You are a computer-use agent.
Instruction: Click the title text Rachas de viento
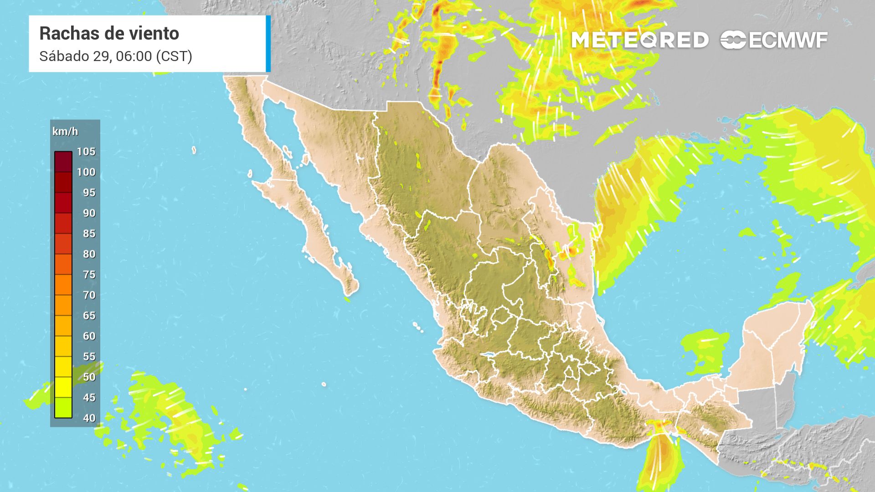(109, 33)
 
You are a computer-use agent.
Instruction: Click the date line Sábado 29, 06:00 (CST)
(115, 56)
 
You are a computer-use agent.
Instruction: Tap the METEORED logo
(640, 40)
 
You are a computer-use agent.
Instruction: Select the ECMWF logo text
(788, 40)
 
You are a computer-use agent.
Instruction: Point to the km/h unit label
(65, 132)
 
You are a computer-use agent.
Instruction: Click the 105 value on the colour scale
(86, 151)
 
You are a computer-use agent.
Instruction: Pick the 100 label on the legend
(86, 172)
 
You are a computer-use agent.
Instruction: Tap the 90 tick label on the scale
(89, 213)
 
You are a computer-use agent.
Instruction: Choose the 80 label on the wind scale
(89, 254)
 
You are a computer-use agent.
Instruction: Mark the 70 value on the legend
(89, 295)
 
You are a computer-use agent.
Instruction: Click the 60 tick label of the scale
(89, 336)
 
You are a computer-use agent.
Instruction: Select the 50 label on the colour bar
(89, 377)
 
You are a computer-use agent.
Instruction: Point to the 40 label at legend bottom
(89, 418)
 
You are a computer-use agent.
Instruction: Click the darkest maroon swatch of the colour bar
(63, 162)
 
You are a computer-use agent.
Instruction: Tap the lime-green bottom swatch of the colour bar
(63, 407)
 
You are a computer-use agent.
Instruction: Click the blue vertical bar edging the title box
(268, 44)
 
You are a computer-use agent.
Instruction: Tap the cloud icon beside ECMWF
(733, 40)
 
